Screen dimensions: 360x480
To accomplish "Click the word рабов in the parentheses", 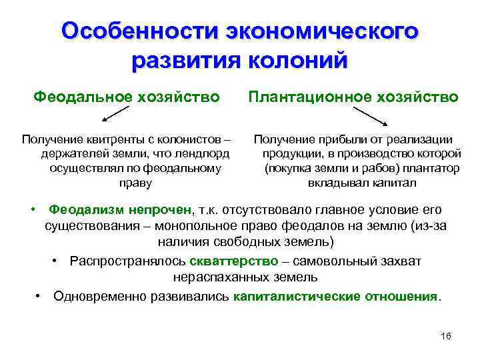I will coord(359,168).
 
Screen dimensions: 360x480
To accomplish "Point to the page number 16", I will coord(446,335).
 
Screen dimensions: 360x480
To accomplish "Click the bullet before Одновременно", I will coord(40,295).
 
